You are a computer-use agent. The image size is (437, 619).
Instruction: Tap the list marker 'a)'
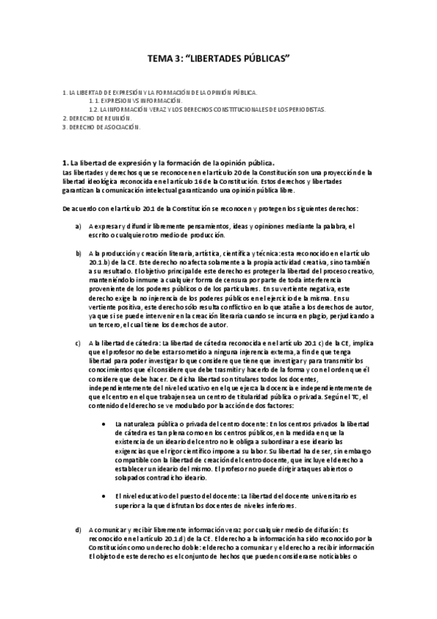point(79,226)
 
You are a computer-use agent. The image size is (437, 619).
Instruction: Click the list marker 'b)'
point(79,252)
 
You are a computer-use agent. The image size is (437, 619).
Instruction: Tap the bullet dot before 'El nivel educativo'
point(107,495)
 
